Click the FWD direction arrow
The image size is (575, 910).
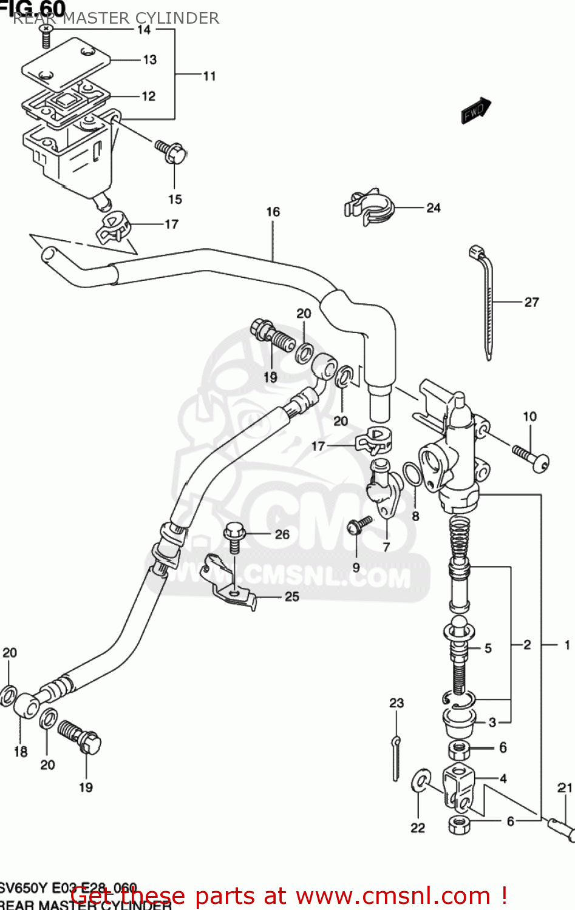point(476,110)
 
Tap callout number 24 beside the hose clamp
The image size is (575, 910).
point(433,208)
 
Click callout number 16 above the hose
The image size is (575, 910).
point(273,212)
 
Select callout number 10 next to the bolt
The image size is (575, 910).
point(529,417)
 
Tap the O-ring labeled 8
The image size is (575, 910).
point(412,474)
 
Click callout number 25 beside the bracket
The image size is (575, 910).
point(292,597)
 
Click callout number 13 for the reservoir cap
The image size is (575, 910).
point(149,60)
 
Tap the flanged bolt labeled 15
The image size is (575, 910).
point(172,151)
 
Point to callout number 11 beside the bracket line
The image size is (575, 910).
point(209,76)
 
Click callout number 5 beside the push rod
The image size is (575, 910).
point(488,649)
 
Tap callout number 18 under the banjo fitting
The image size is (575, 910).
point(21,752)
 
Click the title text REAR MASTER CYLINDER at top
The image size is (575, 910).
point(116,18)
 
